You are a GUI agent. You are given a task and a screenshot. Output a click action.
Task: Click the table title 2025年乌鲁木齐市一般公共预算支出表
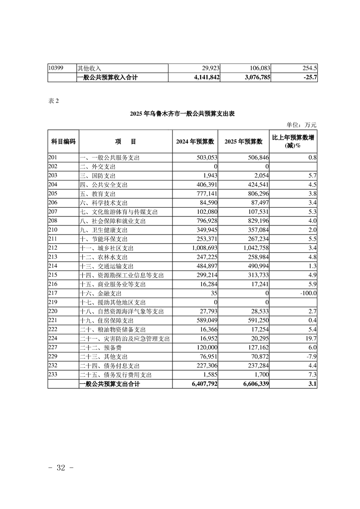[181, 113]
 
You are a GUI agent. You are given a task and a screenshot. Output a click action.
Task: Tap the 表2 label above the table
[54, 101]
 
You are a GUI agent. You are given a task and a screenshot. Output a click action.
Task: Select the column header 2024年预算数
[195, 142]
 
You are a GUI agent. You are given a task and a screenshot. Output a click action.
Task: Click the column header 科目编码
[63, 142]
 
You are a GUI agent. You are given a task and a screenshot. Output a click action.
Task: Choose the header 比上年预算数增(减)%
[294, 141]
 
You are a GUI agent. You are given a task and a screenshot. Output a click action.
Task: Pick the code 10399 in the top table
[56, 68]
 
